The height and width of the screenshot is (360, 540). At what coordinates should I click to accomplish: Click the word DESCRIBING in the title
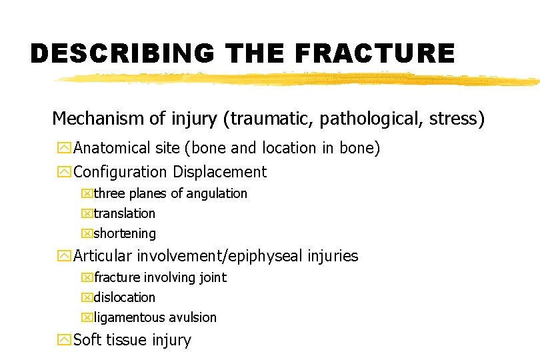(x=123, y=53)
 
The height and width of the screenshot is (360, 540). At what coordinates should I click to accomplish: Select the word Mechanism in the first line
(x=97, y=119)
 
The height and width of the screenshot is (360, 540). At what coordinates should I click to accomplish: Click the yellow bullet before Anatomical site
(x=64, y=148)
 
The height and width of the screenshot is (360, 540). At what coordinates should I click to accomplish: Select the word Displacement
(x=219, y=172)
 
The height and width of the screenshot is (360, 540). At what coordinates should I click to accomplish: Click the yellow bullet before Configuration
(x=64, y=172)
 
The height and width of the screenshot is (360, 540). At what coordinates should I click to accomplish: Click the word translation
(x=125, y=213)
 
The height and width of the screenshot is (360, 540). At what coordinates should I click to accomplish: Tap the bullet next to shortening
(x=86, y=234)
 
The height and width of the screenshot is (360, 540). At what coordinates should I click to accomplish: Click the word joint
(x=213, y=277)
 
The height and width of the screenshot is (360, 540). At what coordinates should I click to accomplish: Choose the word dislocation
(x=125, y=297)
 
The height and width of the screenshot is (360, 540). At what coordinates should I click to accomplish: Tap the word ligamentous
(x=131, y=317)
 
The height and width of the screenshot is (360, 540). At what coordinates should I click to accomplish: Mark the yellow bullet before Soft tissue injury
(x=64, y=340)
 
